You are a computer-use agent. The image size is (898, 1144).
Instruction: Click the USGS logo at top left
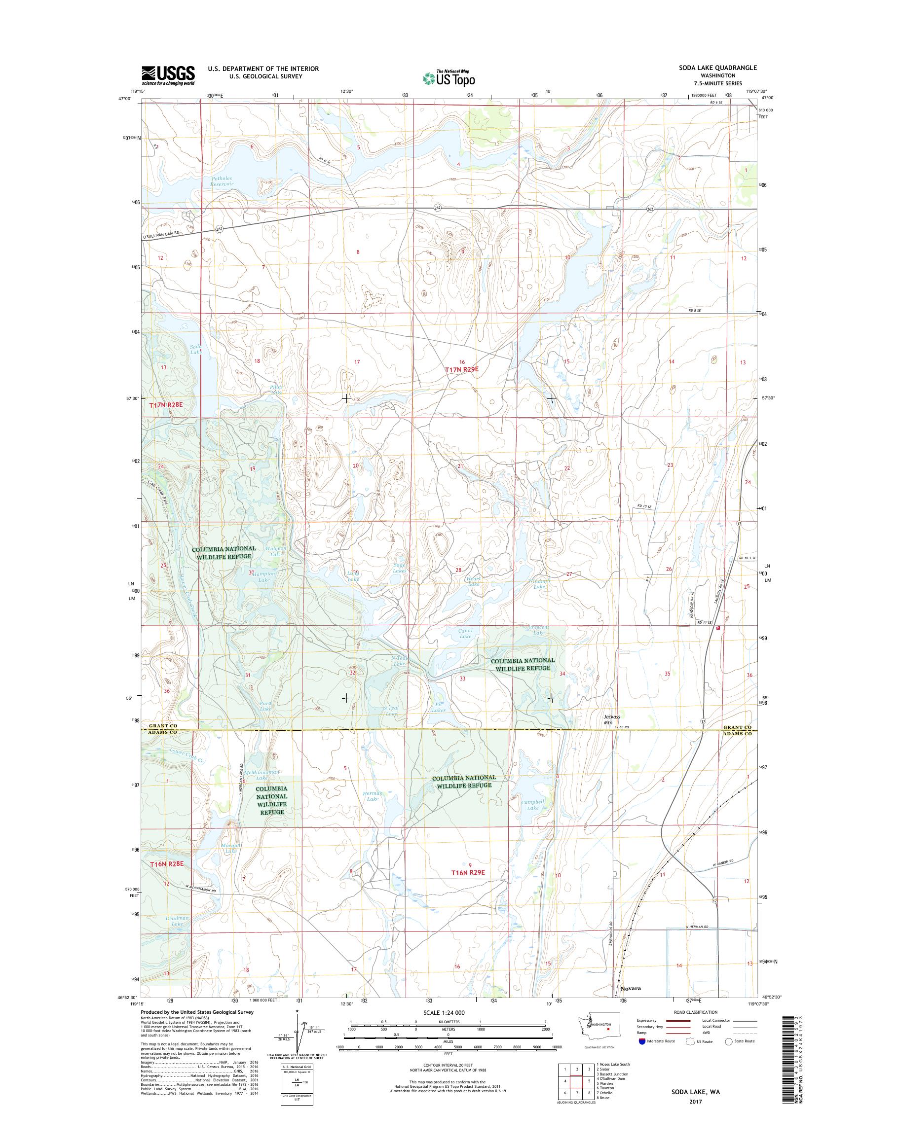click(x=168, y=75)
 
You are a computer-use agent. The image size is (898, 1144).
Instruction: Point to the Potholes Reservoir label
click(x=222, y=181)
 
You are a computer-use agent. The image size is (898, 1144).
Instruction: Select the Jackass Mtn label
click(x=611, y=719)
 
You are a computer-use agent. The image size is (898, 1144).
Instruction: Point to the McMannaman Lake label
click(x=262, y=774)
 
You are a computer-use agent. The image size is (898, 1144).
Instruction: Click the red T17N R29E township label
click(x=462, y=370)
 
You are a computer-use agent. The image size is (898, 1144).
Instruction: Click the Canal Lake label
click(x=466, y=633)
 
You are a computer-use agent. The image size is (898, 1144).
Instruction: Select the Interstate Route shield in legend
click(x=642, y=1056)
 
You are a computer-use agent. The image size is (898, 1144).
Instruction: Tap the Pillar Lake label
click(x=276, y=390)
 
